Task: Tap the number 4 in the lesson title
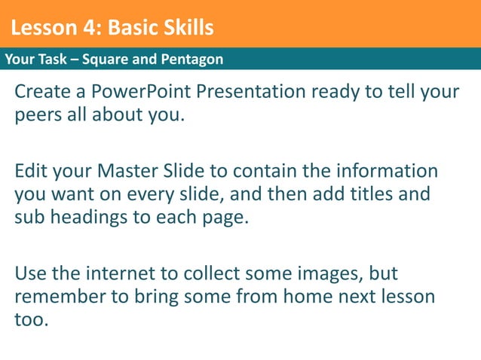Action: (x=93, y=29)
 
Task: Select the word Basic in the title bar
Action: (x=130, y=29)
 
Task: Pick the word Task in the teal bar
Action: (x=52, y=59)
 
